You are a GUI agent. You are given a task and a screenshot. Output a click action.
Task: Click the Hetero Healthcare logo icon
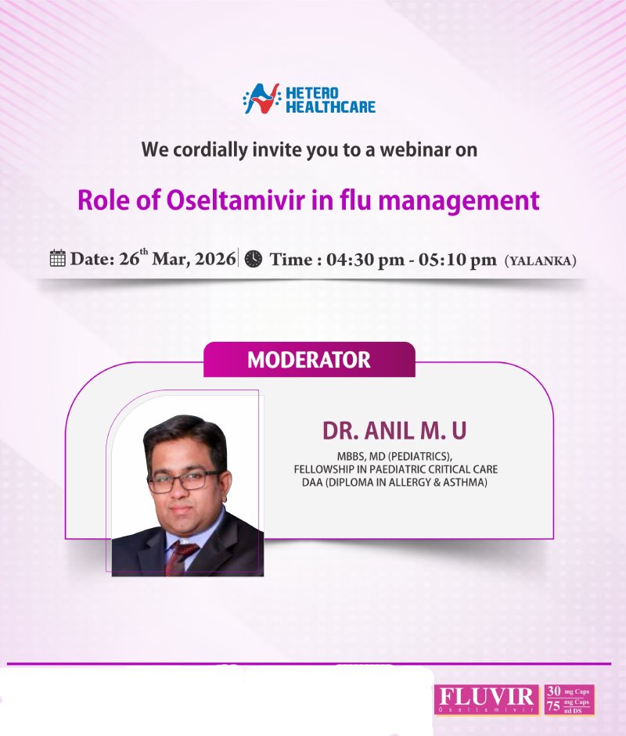coord(260,99)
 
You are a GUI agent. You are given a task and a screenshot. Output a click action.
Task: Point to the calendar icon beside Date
coord(57,259)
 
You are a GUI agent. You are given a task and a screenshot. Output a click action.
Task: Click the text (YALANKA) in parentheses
coord(541,261)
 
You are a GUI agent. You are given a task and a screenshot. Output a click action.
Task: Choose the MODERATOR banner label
coord(308,361)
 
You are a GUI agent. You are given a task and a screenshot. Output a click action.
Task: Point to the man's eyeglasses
coord(184,480)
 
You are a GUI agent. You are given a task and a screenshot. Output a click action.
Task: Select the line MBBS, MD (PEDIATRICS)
coord(388,455)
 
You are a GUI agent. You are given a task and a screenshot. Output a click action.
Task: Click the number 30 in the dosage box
coord(554,691)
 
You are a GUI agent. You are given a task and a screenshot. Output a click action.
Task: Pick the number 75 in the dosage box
coord(554,706)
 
